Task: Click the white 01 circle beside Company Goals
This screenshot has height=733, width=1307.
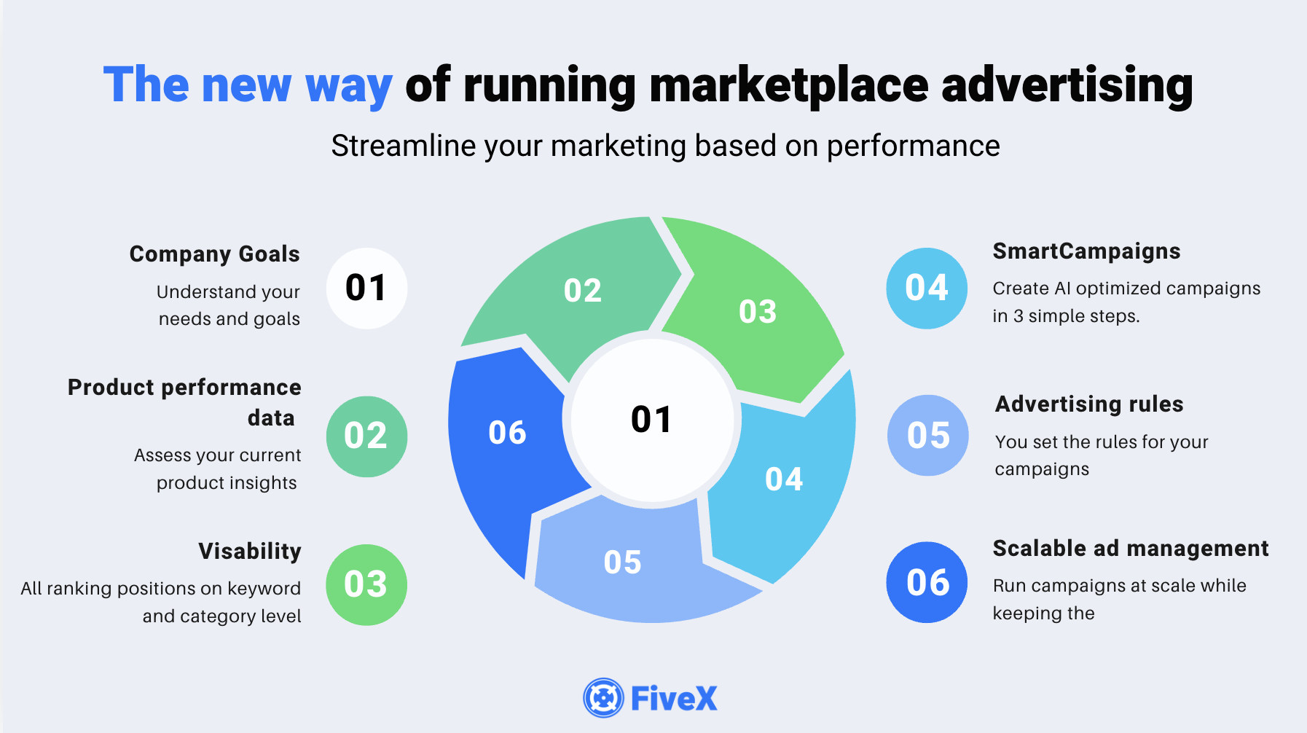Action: [366, 288]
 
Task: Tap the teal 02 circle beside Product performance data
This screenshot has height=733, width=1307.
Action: [366, 436]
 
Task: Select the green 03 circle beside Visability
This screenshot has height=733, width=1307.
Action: [366, 584]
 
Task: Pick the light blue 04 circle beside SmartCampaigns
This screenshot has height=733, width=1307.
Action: [927, 288]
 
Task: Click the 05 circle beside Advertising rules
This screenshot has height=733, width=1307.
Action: [928, 436]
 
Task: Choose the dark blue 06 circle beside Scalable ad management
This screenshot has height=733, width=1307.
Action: [927, 582]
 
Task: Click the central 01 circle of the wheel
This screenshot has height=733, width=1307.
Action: [652, 420]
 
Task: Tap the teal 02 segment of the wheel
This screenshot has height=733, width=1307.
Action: [576, 291]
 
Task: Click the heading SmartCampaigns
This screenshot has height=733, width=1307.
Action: [1086, 251]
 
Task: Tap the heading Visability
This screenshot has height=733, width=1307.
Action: [250, 551]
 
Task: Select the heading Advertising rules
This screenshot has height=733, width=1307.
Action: [1089, 404]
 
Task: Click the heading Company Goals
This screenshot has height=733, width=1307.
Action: [215, 254]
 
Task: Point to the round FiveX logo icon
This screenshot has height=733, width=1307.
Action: [603, 698]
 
